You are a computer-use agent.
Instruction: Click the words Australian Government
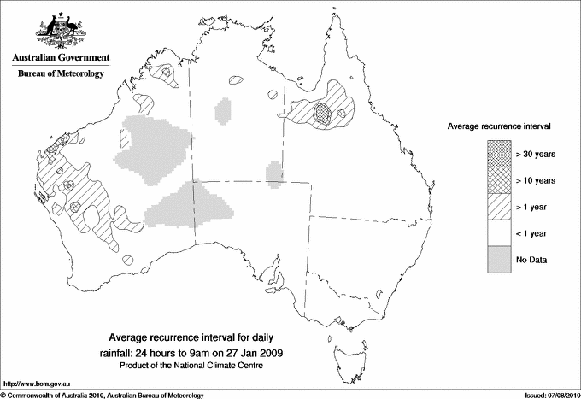pyautogui.click(x=60, y=58)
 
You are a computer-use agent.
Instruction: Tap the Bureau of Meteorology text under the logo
pyautogui.click(x=60, y=74)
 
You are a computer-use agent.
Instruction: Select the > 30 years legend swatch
pyautogui.click(x=500, y=154)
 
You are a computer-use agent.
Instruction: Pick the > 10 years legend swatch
pyautogui.click(x=500, y=180)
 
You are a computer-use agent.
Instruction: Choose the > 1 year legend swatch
pyautogui.click(x=500, y=207)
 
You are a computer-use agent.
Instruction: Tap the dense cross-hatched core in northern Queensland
pyautogui.click(x=322, y=112)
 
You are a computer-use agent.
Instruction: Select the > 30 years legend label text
pyautogui.click(x=536, y=154)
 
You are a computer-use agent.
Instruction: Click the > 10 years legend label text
pyautogui.click(x=536, y=180)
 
